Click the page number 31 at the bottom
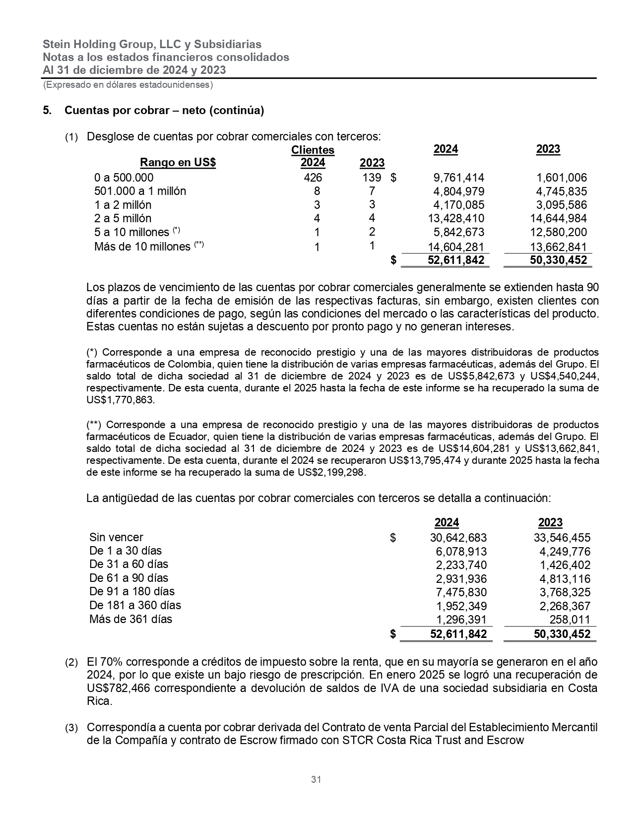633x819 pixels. [x=316, y=779]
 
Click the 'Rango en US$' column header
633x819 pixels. [x=178, y=163]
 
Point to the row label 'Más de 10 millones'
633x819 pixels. [x=142, y=247]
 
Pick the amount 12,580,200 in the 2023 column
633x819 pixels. [x=558, y=232]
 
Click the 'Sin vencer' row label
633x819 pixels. [x=116, y=537]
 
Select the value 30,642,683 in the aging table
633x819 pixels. [x=458, y=538]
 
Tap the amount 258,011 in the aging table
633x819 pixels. [x=570, y=620]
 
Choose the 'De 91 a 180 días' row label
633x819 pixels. [x=132, y=591]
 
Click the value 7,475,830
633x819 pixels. [x=461, y=592]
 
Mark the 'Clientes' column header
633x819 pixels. [x=313, y=150]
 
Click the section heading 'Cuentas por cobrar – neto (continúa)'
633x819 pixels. [x=164, y=111]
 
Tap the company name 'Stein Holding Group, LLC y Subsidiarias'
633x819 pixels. [x=152, y=44]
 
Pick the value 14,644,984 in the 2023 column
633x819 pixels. [x=558, y=218]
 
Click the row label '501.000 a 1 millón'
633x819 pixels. [x=140, y=191]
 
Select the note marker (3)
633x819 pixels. [x=72, y=728]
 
